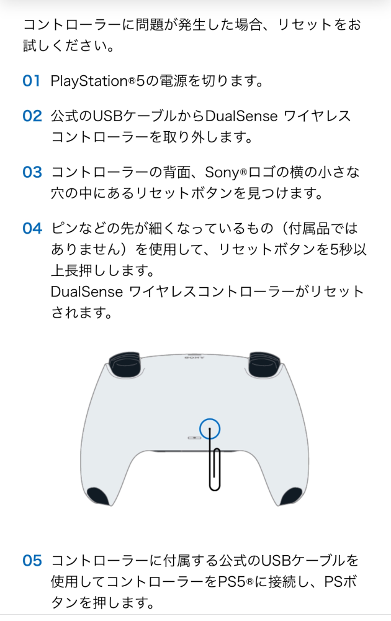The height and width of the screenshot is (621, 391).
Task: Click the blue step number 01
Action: [31, 81]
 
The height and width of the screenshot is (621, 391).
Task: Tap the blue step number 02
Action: [32, 116]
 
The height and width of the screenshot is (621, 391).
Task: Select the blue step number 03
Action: [32, 172]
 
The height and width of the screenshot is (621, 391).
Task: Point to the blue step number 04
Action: [32, 228]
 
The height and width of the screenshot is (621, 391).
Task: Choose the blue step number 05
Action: [32, 561]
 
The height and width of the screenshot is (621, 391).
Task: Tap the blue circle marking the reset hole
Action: [210, 428]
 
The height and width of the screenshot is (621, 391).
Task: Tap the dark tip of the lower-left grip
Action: [99, 496]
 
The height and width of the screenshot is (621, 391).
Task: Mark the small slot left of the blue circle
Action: [194, 437]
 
